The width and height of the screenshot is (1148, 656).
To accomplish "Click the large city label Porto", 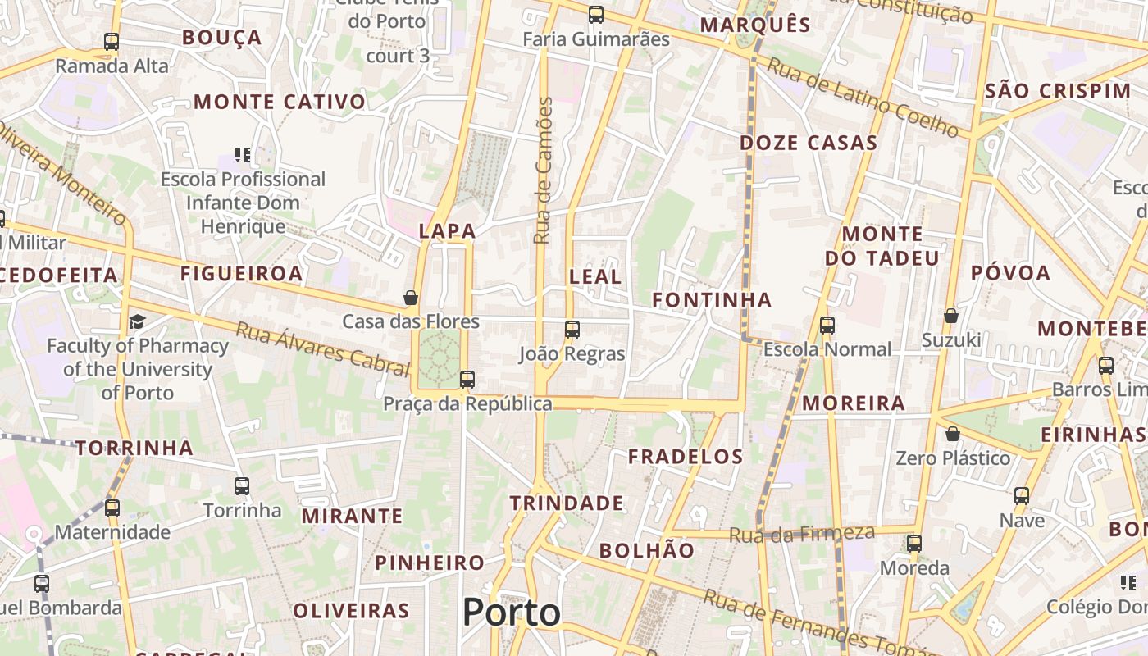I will pos(512,613).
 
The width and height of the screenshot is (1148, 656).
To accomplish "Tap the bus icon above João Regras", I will pos(572,330).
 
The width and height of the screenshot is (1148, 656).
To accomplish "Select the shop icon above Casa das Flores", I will pos(411,297).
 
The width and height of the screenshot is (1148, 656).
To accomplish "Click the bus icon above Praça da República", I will pos(467,379).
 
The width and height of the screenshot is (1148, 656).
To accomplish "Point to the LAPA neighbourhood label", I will pos(447,231).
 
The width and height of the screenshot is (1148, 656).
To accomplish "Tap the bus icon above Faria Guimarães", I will pos(596,14).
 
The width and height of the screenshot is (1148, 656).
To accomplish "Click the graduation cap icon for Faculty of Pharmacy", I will pos(137,321).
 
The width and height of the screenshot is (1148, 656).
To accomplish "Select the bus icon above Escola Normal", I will pos(827,325).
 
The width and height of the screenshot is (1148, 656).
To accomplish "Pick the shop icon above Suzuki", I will pos(951,315).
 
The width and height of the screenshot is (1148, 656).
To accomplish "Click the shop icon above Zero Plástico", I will pos(953,433).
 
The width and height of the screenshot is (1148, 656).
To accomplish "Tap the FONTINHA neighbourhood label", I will pos(712,300).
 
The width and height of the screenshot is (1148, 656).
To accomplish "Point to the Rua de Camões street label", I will pos(542,171).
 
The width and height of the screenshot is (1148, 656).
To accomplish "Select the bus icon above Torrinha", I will pos(242,485).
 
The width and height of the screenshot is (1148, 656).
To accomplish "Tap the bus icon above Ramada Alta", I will pos(112,41).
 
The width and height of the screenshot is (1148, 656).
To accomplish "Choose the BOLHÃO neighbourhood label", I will pos(646,550).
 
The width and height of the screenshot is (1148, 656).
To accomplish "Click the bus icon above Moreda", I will pos(914,543).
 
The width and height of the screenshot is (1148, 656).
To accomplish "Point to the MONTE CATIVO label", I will pos(280,102).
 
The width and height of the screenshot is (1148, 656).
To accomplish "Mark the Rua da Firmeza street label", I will pos(802,534).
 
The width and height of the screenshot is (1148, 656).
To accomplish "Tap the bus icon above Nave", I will pos(1022,495).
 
